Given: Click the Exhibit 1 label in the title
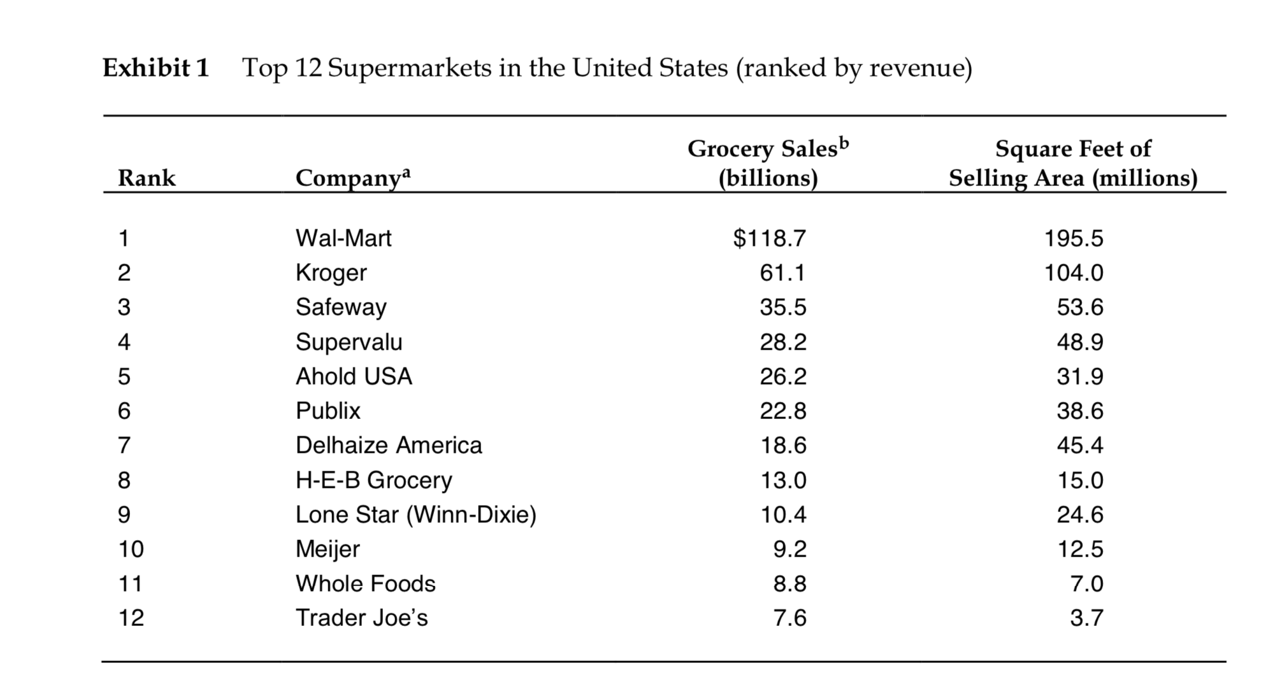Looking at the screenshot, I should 156,67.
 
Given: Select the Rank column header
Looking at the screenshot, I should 147,178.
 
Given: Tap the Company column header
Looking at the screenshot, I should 353,178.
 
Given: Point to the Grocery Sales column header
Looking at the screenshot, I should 768,163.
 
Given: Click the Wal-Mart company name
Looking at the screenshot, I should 343,238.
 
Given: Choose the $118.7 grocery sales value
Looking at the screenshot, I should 769,238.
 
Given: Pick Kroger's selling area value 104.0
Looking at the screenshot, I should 1073,273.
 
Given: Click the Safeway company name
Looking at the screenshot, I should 341,307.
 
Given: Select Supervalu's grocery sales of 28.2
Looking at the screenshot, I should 783,342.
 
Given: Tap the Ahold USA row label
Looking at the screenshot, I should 354,376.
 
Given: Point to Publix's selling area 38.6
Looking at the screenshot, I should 1079,411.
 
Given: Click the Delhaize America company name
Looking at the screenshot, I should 389,445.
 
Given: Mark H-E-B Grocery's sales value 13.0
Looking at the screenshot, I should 783,479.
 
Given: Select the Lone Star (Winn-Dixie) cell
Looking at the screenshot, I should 415,514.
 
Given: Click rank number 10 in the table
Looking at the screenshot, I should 131,549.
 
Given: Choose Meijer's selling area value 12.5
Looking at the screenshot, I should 1079,549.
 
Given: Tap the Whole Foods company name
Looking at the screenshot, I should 365,583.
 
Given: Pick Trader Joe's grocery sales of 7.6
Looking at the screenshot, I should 790,618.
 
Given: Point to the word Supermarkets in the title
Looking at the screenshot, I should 409,67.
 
